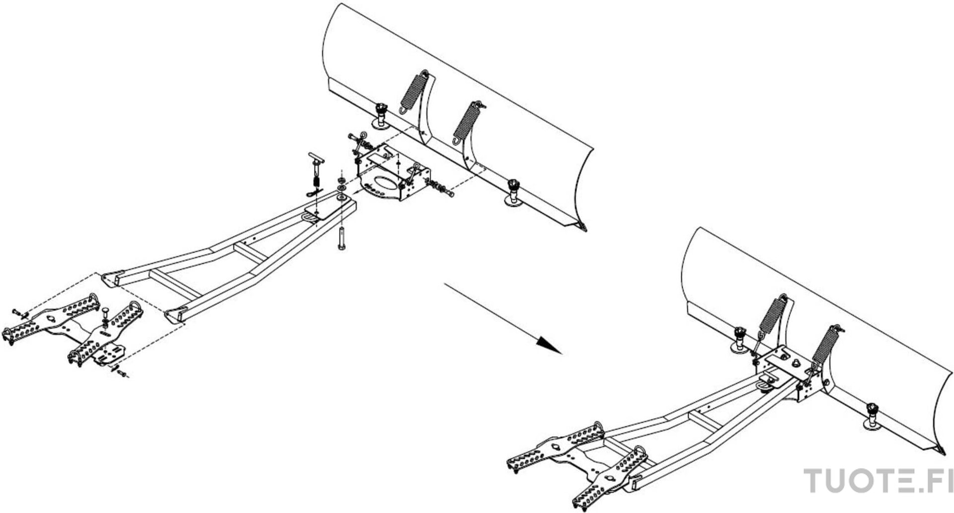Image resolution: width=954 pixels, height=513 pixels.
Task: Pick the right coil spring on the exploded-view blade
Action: (x=468, y=121)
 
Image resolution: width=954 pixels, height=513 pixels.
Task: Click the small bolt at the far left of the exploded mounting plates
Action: (x=20, y=313)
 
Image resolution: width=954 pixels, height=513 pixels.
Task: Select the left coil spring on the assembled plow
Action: (x=771, y=318)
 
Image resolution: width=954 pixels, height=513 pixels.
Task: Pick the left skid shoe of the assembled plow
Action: (x=739, y=340)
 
